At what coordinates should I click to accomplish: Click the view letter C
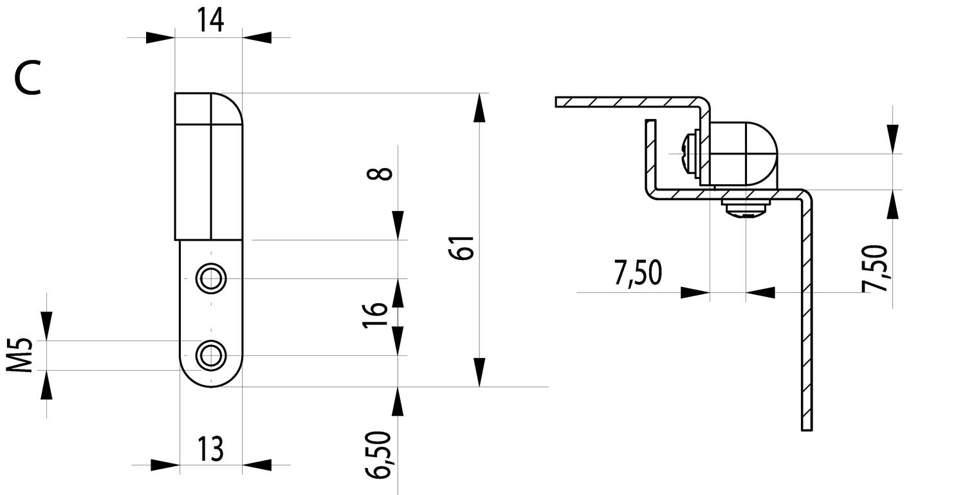pos(27,79)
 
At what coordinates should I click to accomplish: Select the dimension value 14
pos(210,20)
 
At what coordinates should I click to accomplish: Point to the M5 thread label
pos(23,355)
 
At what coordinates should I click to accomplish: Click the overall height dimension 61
pos(464,247)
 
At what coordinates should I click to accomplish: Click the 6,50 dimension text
pos(379,454)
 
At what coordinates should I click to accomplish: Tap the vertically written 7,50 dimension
pos(876,268)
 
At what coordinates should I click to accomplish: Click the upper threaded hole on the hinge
pos(210,279)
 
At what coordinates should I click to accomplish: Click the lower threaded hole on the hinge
pos(210,355)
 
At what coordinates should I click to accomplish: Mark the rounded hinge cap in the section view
pos(746,154)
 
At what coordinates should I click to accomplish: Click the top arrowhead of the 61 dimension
pos(479,107)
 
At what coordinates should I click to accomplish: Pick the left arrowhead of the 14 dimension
pos(160,37)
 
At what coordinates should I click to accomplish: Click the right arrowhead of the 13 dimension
pos(257,465)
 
